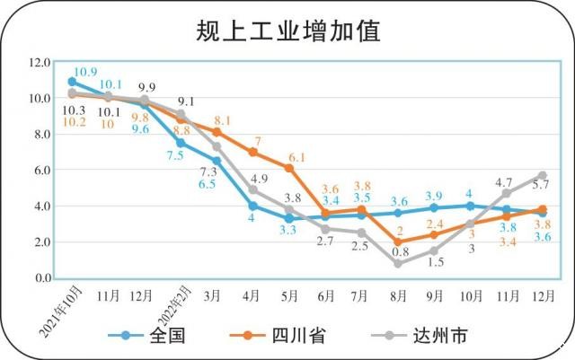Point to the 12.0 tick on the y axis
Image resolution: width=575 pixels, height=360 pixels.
(x=40, y=62)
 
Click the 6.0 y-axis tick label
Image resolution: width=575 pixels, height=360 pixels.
(x=40, y=170)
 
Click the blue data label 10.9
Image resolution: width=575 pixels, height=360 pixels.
(x=85, y=72)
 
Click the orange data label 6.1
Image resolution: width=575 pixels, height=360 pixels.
(x=323, y=157)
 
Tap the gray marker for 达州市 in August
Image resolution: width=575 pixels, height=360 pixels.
(x=397, y=264)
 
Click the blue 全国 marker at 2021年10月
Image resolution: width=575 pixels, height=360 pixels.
(x=72, y=82)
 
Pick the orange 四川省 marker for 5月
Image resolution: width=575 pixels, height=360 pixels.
(x=289, y=168)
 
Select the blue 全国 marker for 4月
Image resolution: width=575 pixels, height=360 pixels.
(x=253, y=206)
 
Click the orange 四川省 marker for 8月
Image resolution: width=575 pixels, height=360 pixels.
(x=397, y=242)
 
